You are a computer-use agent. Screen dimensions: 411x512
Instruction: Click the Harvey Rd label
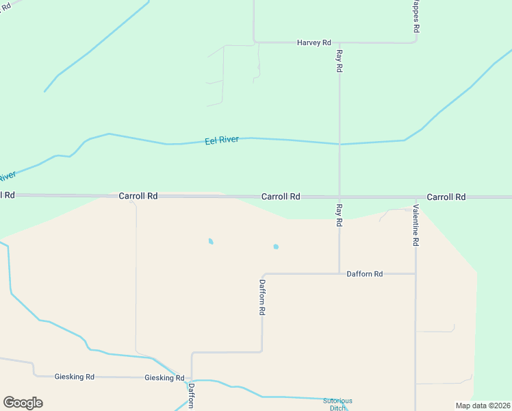tap(313, 42)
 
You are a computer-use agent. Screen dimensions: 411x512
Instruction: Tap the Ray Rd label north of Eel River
tap(339, 60)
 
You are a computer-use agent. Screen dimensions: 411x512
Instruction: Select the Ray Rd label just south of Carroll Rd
tap(339, 214)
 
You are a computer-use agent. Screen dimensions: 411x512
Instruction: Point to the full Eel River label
tap(222, 140)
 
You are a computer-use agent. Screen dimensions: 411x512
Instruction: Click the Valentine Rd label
tap(415, 225)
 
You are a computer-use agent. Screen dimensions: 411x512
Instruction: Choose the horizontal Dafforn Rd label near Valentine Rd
tap(364, 274)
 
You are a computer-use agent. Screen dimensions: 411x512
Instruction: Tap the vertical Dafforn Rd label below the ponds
tap(262, 297)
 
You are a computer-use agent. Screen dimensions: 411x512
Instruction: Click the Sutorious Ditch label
tap(337, 404)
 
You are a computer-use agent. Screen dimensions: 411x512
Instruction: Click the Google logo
tap(23, 403)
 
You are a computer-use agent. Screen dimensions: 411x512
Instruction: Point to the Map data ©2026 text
tap(483, 406)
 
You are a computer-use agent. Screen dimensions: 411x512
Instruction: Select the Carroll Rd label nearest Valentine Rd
tap(446, 197)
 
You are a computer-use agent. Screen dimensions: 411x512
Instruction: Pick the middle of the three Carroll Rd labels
tap(281, 197)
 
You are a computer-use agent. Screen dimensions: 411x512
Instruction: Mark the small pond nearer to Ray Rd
tap(276, 247)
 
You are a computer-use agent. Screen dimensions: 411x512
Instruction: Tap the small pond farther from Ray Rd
tap(211, 241)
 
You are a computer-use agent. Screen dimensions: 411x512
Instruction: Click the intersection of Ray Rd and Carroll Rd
tap(340, 197)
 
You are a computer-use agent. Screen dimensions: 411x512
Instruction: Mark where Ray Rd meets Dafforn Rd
tap(340, 273)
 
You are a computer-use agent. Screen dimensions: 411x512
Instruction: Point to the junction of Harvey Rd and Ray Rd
tap(340, 42)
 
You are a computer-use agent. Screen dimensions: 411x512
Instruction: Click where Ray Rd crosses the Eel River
tap(340, 144)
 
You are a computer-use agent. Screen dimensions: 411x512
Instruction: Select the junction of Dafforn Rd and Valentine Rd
tap(415, 274)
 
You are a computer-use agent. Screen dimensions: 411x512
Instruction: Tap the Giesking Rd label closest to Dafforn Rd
tap(164, 377)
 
